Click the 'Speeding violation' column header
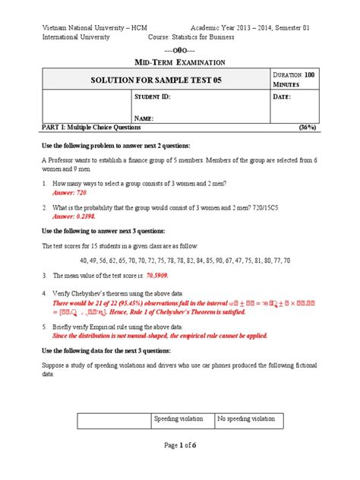click(182, 418)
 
